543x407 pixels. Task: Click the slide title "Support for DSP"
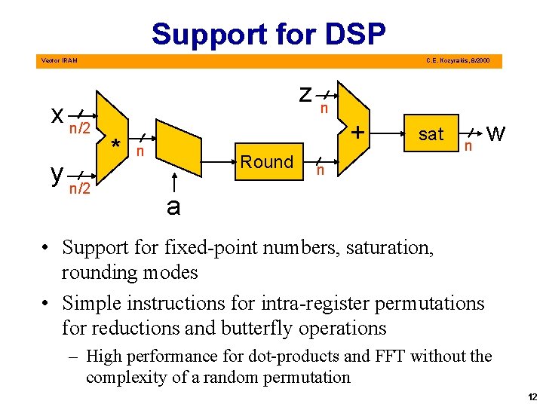tap(268, 34)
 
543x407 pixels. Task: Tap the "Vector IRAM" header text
tap(58, 60)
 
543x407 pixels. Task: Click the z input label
tap(305, 94)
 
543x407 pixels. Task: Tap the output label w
tap(495, 135)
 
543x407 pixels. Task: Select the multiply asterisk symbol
tap(115, 145)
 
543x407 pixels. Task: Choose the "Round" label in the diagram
tap(266, 161)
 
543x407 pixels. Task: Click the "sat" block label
tap(431, 134)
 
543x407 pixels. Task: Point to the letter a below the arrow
tap(173, 207)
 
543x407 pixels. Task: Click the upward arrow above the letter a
tap(173, 181)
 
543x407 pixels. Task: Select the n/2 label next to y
tap(80, 188)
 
